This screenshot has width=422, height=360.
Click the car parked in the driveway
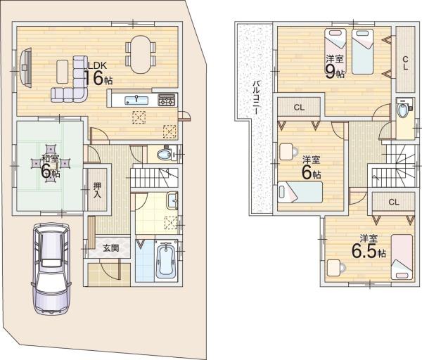[51, 269]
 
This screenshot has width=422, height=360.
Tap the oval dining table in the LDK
[140, 55]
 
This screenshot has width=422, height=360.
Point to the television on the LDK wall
[26, 67]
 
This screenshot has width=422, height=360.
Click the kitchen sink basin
[136, 101]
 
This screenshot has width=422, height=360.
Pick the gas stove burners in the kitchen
[166, 100]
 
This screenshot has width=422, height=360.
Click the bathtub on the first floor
[166, 261]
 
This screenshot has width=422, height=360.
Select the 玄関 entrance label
[111, 248]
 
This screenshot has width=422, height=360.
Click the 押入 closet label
[97, 190]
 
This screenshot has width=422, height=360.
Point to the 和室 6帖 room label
[51, 166]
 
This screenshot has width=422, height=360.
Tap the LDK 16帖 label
[98, 73]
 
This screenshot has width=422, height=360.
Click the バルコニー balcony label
[256, 97]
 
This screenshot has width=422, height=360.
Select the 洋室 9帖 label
[335, 67]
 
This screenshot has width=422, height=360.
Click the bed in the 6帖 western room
[300, 192]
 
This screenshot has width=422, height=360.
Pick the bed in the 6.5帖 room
[402, 257]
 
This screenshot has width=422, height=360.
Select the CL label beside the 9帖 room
[405, 63]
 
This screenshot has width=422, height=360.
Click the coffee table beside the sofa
[63, 72]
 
